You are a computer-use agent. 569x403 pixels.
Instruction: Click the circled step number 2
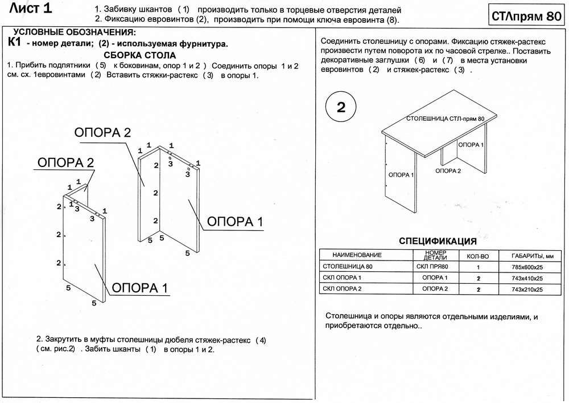(x=341, y=108)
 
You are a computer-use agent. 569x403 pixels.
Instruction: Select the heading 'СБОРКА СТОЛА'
(x=140, y=55)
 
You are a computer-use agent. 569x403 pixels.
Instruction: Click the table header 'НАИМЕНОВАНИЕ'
(x=357, y=255)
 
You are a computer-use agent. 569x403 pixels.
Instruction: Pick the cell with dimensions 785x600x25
(x=527, y=267)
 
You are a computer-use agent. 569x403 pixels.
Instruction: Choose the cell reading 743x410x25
(x=527, y=278)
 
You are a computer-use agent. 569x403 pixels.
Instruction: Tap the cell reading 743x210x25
(x=527, y=290)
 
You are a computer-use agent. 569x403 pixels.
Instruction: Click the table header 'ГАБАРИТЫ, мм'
(x=529, y=255)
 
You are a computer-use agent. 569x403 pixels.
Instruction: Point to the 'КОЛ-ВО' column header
(x=478, y=255)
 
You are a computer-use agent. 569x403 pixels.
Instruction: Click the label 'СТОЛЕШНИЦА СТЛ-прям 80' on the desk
(x=446, y=119)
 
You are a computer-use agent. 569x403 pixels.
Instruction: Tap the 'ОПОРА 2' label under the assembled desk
(x=448, y=170)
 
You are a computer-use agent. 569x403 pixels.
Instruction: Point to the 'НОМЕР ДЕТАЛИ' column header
(x=435, y=255)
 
